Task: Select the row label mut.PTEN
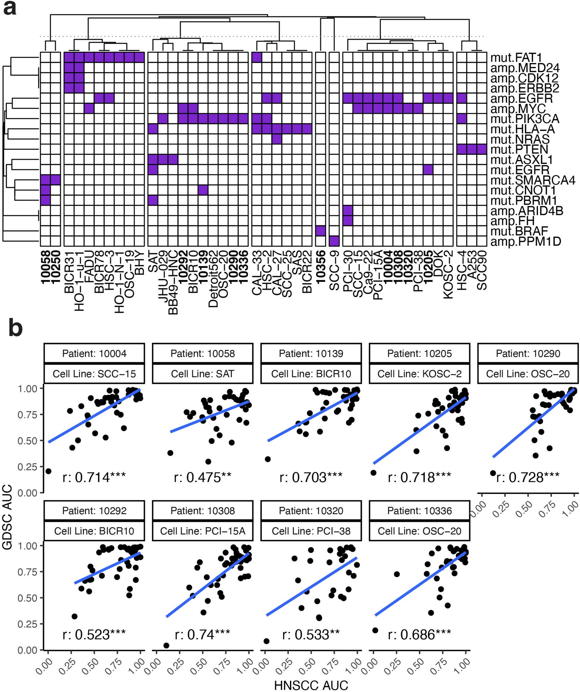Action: [x=519, y=149]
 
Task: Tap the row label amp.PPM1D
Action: [x=526, y=242]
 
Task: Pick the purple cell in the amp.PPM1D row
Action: [x=334, y=241]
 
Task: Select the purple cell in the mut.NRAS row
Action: [x=277, y=139]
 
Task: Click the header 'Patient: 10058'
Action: [x=203, y=353]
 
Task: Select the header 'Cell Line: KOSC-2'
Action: [x=419, y=374]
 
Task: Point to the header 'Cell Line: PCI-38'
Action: [x=311, y=531]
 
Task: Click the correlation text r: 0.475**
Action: [x=203, y=477]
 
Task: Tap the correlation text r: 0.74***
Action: [x=203, y=634]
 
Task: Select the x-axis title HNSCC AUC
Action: [x=311, y=685]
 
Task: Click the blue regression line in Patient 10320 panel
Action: [x=311, y=586]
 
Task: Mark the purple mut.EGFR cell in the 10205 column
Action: [x=428, y=170]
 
